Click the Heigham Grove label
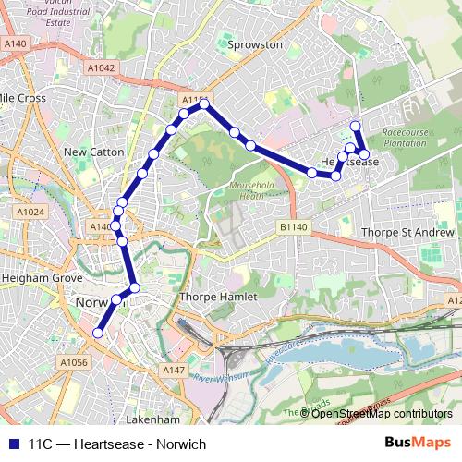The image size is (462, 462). [x=43, y=277]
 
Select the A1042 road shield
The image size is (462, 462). [x=102, y=67]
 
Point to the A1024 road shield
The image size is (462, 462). [x=30, y=213]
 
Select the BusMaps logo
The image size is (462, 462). [x=419, y=443]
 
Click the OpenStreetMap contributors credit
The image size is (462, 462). [x=382, y=413]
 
